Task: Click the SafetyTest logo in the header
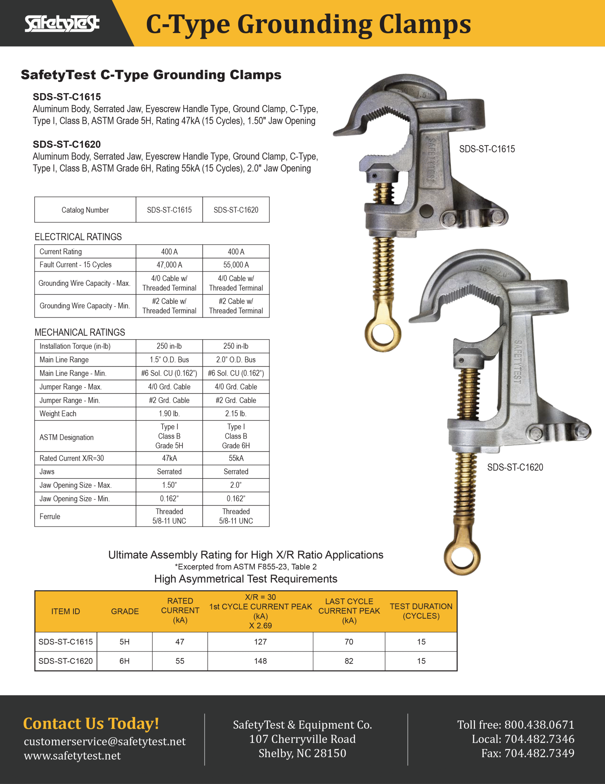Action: click(62, 24)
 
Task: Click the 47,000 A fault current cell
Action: click(169, 265)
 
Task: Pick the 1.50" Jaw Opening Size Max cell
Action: click(169, 485)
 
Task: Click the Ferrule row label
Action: click(50, 516)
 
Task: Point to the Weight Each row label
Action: click(58, 413)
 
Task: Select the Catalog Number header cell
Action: click(85, 210)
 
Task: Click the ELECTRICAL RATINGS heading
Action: click(78, 237)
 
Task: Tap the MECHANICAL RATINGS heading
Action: click(80, 332)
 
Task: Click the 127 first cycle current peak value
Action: click(260, 642)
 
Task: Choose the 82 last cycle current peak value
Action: click(349, 661)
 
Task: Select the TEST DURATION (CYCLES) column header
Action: click(421, 611)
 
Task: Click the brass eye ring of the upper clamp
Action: click(383, 334)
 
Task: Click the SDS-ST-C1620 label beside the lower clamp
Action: click(515, 467)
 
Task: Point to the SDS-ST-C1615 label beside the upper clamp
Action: click(487, 149)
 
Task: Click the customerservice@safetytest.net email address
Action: click(105, 741)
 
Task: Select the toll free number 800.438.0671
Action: click(539, 725)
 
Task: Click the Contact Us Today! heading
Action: click(91, 723)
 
